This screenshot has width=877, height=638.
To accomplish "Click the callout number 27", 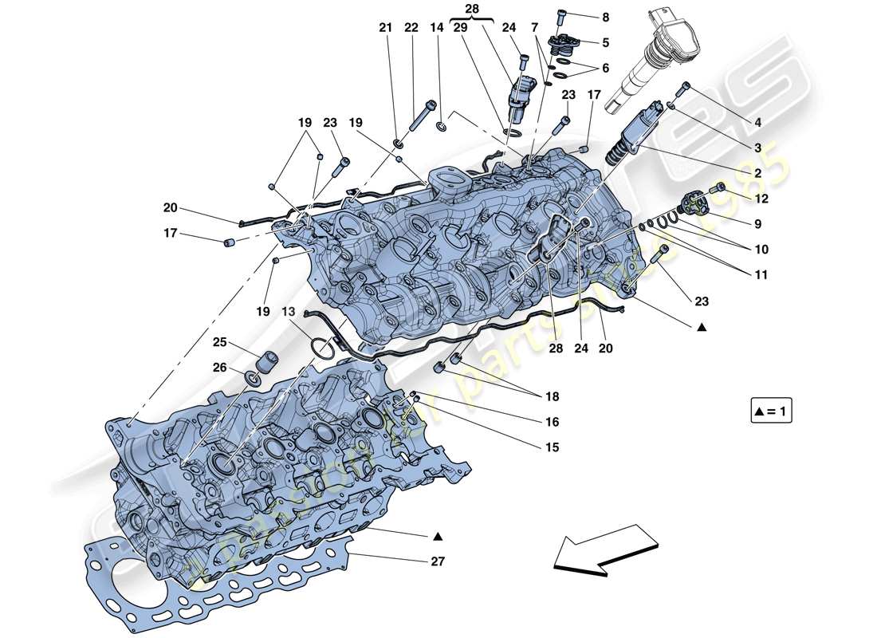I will click(x=436, y=561).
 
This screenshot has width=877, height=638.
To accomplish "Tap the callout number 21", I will click(x=386, y=28).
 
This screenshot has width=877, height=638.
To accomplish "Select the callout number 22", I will click(x=411, y=28).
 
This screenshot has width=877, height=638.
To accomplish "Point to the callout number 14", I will click(x=436, y=28).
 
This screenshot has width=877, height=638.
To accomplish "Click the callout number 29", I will click(x=461, y=28).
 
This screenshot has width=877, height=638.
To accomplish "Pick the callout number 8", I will click(x=605, y=17).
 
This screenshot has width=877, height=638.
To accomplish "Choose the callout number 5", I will click(x=605, y=42).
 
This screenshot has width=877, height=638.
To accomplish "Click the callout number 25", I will click(x=218, y=342).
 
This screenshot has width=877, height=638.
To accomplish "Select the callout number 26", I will click(x=218, y=368).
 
